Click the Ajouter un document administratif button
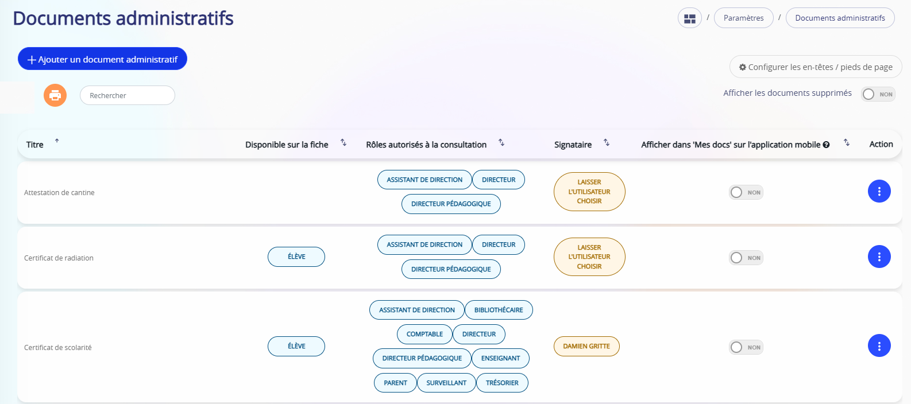point(102,59)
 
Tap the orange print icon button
point(55,95)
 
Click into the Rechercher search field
point(128,95)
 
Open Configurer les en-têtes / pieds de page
point(816,67)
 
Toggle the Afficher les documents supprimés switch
point(878,94)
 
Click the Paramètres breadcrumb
point(743,18)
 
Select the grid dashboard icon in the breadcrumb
point(690,18)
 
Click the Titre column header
point(35,145)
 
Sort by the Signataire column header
point(573,145)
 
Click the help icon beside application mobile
point(826,145)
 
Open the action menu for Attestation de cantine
point(879,192)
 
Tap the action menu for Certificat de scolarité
point(879,346)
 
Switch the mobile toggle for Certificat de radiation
point(746,258)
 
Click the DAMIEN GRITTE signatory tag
point(586,346)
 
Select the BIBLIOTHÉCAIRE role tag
point(499,310)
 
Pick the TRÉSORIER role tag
point(502,383)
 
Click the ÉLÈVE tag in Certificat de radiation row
point(296,257)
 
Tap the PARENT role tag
point(395,383)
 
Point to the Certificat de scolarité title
point(58,348)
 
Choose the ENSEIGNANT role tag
point(501,359)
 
